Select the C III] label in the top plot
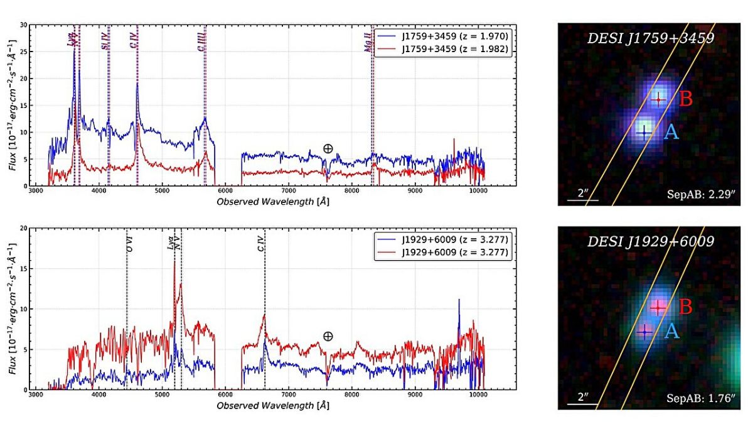point(201,43)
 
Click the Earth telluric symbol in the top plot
point(328,149)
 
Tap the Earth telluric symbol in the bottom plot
point(328,336)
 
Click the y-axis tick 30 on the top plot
point(23,26)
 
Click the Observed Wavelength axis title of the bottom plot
point(272,406)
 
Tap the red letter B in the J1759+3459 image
point(686,99)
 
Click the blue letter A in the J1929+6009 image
point(671,331)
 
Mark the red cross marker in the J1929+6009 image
point(657,308)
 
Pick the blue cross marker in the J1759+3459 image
point(643,133)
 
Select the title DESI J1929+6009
point(651,241)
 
